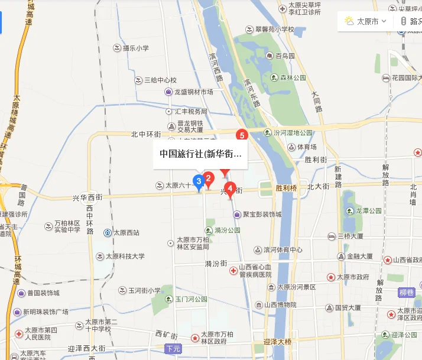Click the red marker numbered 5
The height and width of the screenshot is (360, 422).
point(241,135)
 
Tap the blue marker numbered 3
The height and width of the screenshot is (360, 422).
point(199,180)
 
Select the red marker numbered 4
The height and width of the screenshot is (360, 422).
point(230,189)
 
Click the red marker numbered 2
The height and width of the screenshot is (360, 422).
point(208,177)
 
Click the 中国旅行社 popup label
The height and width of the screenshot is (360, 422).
point(200,154)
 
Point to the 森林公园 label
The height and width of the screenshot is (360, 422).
point(293,77)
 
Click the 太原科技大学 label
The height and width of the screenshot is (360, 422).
point(125,257)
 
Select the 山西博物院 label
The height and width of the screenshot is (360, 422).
point(280,304)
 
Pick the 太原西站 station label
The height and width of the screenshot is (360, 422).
point(126,233)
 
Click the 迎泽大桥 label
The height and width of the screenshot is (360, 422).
point(277,342)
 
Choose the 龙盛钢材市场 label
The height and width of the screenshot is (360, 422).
point(193,92)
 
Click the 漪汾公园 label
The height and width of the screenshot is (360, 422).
point(228,229)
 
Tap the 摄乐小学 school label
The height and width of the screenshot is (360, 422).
point(135,47)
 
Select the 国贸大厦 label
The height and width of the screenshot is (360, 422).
point(348,308)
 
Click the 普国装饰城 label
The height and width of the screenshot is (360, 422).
point(43,293)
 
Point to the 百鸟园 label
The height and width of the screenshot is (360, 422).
point(285,56)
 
